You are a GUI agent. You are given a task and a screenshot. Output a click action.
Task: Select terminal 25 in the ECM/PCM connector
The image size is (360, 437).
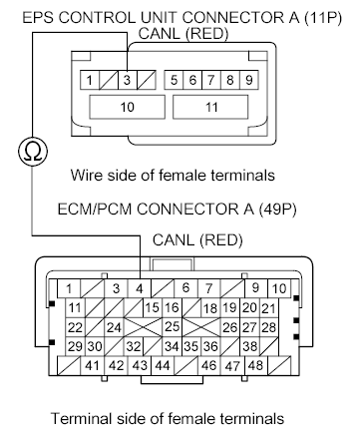pyautogui.click(x=172, y=326)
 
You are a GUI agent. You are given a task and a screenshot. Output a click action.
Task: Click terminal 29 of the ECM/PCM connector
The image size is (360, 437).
pyautogui.click(x=75, y=345)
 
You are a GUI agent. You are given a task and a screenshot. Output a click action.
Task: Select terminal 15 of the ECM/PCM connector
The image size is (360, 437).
pyautogui.click(x=152, y=307)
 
